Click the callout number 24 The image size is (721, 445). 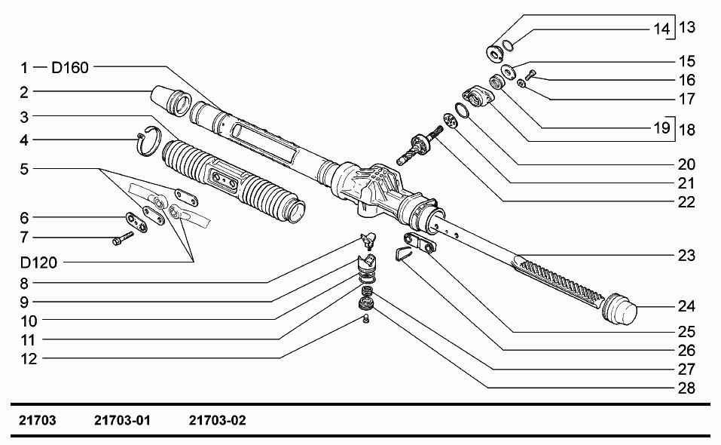pyautogui.click(x=686, y=306)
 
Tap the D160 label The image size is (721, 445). pyautogui.click(x=70, y=68)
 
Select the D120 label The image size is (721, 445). pyautogui.click(x=38, y=262)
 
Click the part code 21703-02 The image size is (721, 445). pyautogui.click(x=218, y=420)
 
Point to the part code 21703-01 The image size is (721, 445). pyautogui.click(x=122, y=420)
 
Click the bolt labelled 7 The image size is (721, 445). pyautogui.click(x=123, y=238)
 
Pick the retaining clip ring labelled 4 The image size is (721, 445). pyautogui.click(x=150, y=140)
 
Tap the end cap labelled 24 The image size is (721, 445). pyautogui.click(x=619, y=308)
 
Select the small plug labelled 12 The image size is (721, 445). pyautogui.click(x=366, y=318)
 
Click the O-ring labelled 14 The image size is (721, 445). pyautogui.click(x=508, y=45)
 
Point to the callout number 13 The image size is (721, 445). pyautogui.click(x=687, y=27)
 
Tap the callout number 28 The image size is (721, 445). pyautogui.click(x=686, y=388)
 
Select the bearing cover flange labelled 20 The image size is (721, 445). pyautogui.click(x=478, y=97)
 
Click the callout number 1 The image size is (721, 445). pyautogui.click(x=24, y=68)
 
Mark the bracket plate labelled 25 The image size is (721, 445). pyautogui.click(x=420, y=243)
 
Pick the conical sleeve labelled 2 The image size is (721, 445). pyautogui.click(x=170, y=100)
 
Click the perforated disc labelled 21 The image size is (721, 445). pyautogui.click(x=451, y=121)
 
